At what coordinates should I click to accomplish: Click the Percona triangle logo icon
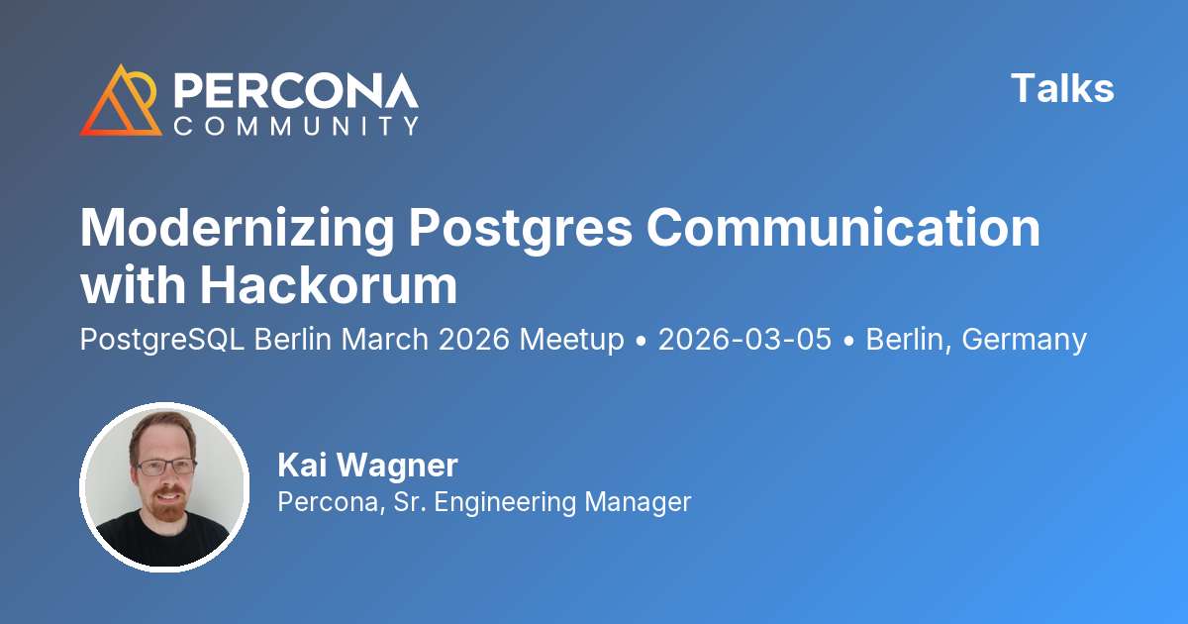click(120, 101)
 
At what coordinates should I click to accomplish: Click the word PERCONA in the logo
click(296, 90)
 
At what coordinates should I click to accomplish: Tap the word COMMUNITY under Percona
click(296, 126)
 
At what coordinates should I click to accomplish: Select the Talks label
click(1062, 89)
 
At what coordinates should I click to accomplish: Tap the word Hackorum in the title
click(330, 285)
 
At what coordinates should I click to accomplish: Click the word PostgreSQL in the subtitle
click(162, 340)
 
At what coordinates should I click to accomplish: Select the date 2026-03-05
click(744, 340)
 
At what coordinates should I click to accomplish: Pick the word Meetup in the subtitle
click(572, 340)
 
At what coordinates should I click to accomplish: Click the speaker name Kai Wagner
click(368, 465)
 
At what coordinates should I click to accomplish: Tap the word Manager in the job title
click(637, 501)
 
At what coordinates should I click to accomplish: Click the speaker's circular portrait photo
click(164, 486)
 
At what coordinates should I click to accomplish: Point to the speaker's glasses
click(164, 466)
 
